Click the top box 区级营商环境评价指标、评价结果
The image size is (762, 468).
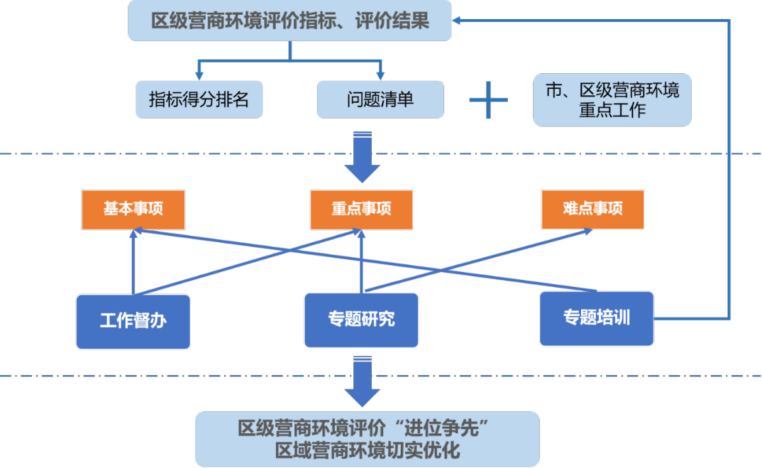(x=289, y=21)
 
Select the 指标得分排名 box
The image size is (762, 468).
(x=199, y=99)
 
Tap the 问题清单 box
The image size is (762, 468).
(x=380, y=99)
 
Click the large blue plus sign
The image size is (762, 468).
(x=489, y=100)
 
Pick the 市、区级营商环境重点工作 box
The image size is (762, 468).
(x=612, y=100)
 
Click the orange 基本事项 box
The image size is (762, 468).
(x=133, y=209)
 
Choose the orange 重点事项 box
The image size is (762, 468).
(x=361, y=209)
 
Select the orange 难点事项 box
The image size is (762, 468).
(x=592, y=209)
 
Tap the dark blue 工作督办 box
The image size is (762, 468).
(x=133, y=321)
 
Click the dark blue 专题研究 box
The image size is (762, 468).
(x=361, y=320)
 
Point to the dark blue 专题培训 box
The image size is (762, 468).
(x=597, y=318)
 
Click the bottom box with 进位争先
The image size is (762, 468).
(x=368, y=440)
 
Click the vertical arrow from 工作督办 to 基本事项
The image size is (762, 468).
(x=133, y=263)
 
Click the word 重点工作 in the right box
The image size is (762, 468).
(x=612, y=111)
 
